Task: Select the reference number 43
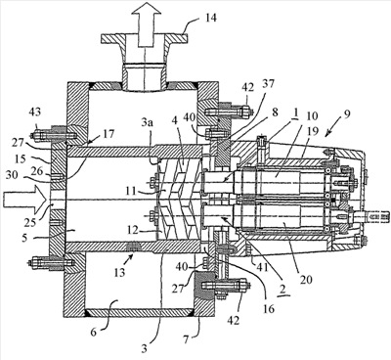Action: pos(34,112)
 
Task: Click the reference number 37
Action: pos(268,84)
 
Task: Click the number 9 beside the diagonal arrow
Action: pos(346,114)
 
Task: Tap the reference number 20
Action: pos(306,279)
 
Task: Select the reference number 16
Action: pos(268,308)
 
